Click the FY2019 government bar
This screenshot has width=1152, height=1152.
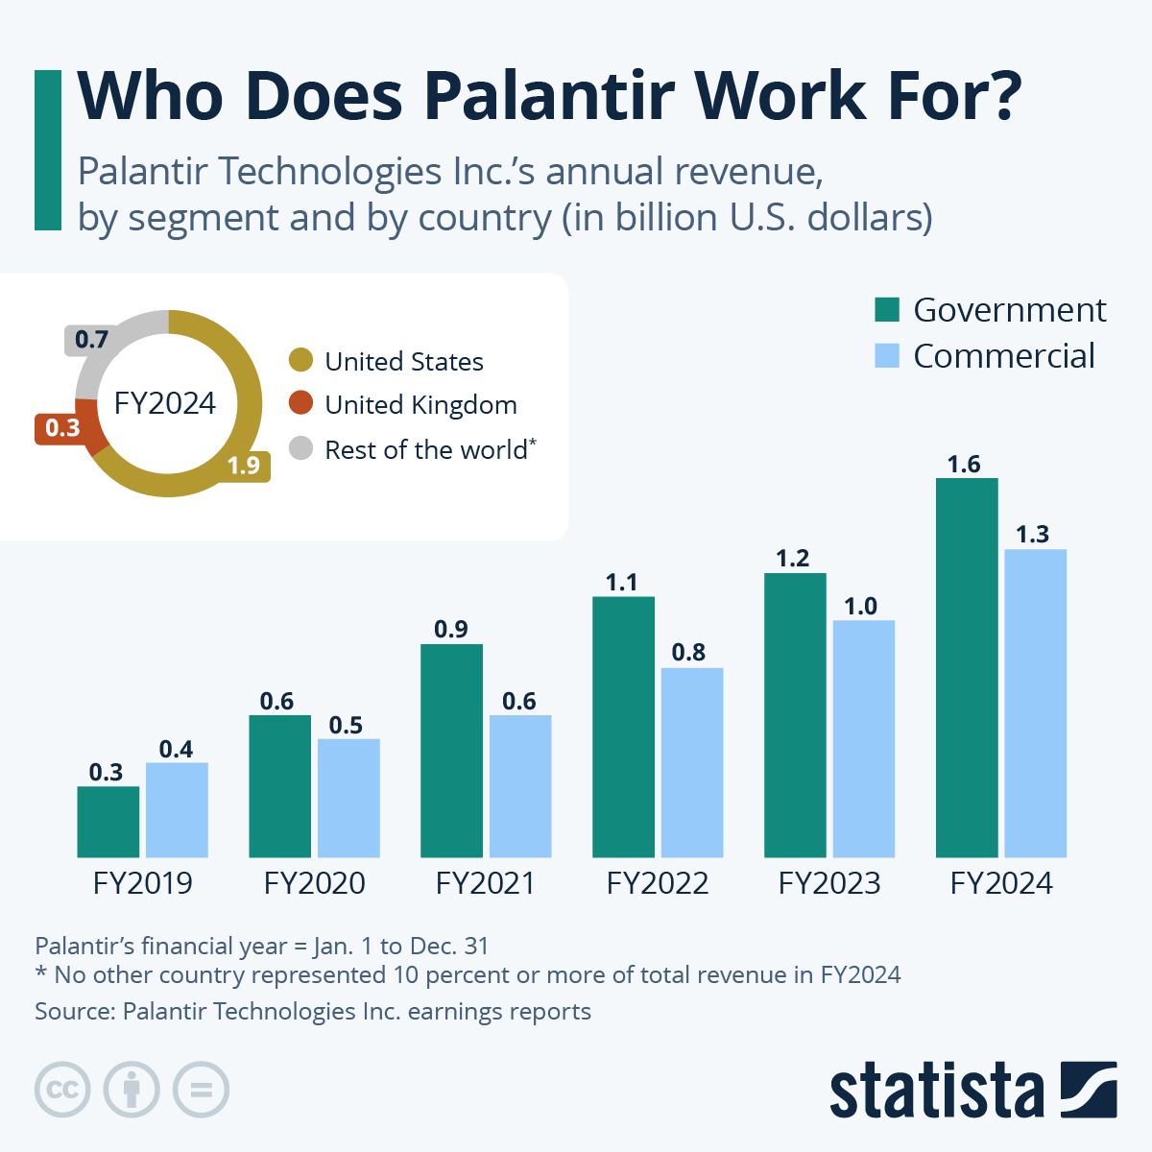pos(108,822)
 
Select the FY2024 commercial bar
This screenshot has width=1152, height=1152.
pos(1035,703)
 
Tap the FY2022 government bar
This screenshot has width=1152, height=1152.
pos(623,727)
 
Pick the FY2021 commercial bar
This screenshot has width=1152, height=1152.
pos(520,786)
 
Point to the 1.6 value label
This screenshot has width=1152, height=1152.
pos(964,465)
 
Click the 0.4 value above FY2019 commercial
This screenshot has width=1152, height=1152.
pos(176,749)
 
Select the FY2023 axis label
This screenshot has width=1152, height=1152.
pos(829,883)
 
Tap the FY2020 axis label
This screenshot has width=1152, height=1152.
pos(315,883)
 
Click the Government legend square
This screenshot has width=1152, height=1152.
pos(887,310)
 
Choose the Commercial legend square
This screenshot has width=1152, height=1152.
pos(887,356)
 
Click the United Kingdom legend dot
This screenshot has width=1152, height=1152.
pos(301,403)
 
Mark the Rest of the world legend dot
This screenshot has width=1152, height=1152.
pos(301,447)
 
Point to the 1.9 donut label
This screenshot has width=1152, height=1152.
pos(244,466)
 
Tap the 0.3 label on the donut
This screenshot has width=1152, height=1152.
pos(63,428)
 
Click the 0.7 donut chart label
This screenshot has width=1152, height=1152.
pos(91,340)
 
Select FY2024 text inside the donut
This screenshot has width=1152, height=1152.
pos(165,403)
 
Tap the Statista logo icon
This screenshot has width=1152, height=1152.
pos(1089,1090)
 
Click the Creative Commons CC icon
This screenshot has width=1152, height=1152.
pos(62,1090)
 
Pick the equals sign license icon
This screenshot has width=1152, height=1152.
pos(201,1090)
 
